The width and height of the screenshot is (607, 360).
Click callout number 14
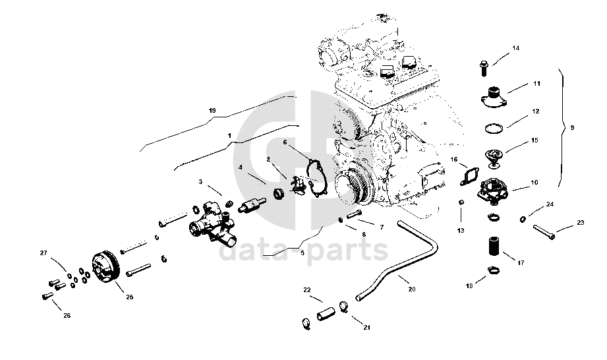pyautogui.click(x=516, y=48)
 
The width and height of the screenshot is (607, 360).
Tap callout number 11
pyautogui.click(x=537, y=84)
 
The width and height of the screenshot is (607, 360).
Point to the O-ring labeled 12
pyautogui.click(x=495, y=127)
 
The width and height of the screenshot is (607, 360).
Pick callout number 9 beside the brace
pyautogui.click(x=572, y=127)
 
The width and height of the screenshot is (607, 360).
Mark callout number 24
pyautogui.click(x=550, y=204)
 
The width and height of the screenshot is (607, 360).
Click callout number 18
pyautogui.click(x=469, y=285)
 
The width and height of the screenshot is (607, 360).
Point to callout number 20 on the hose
pyautogui.click(x=413, y=288)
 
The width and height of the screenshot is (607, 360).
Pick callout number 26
pyautogui.click(x=67, y=315)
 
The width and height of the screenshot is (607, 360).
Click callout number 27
pyautogui.click(x=44, y=253)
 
